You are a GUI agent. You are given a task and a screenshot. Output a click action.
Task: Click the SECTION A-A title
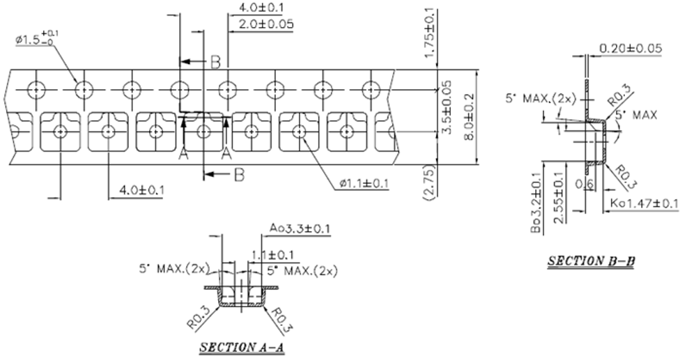click(x=241, y=347)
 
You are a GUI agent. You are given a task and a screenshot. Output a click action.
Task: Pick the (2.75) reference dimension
click(x=429, y=183)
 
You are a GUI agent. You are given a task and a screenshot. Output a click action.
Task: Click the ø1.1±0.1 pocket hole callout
click(x=364, y=184)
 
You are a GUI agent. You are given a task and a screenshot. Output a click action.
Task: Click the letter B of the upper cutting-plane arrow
click(x=215, y=62)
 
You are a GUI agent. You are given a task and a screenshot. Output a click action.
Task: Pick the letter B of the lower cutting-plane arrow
click(x=238, y=175)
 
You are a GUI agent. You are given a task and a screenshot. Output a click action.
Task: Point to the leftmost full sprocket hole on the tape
click(x=35, y=89)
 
